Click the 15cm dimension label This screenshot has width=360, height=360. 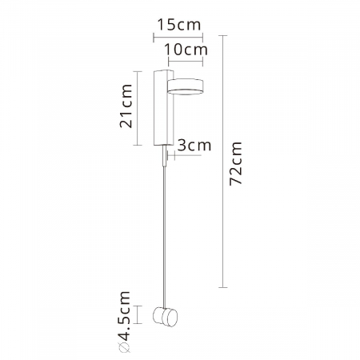(178, 25)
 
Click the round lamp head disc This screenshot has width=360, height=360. (189, 87)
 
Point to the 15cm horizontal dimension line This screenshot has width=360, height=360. (178, 37)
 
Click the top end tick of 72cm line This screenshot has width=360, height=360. (223, 36)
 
